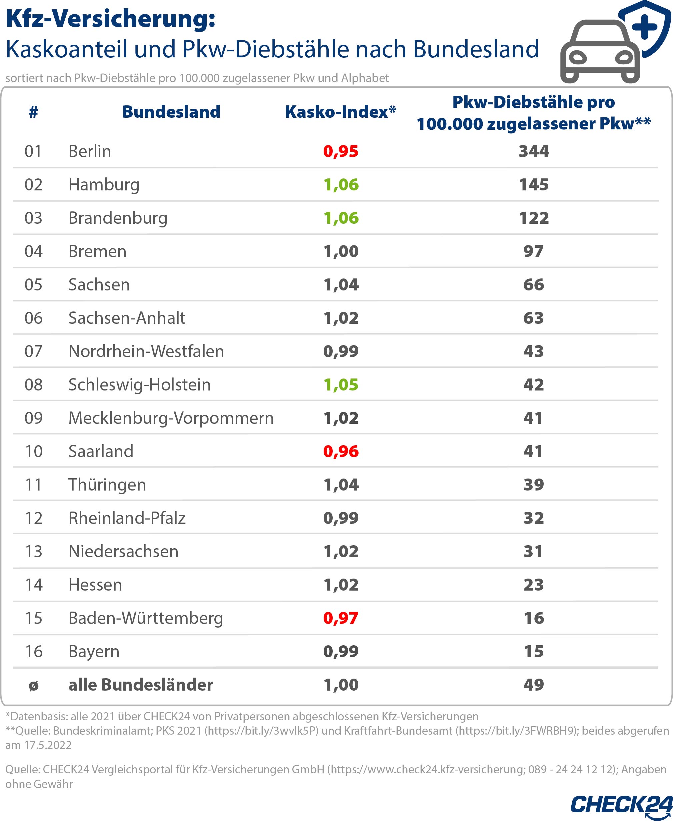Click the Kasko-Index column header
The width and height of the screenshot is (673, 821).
(340, 112)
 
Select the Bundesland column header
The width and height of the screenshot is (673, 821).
(171, 112)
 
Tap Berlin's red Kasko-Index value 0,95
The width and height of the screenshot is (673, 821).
(341, 151)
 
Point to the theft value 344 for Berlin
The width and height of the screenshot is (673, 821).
(533, 151)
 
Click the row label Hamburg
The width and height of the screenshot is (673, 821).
(104, 185)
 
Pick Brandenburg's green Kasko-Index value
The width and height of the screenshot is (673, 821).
(341, 218)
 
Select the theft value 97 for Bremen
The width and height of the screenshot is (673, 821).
(533, 251)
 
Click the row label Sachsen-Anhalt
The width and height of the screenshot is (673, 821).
(127, 318)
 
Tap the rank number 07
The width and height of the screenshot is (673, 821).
(33, 351)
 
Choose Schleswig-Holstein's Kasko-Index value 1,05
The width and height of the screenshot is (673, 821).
(341, 385)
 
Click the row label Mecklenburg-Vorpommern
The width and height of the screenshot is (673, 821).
(171, 418)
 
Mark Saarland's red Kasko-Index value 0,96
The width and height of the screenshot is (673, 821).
(341, 452)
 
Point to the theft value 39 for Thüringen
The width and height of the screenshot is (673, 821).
(533, 485)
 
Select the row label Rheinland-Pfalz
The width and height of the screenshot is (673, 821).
(127, 518)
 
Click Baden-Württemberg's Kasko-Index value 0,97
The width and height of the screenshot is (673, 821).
(341, 618)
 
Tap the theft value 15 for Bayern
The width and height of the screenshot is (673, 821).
(533, 652)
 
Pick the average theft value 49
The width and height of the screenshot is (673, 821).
(533, 685)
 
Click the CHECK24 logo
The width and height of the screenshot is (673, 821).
(621, 805)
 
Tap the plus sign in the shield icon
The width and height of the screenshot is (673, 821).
(644, 27)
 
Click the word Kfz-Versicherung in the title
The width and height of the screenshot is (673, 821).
(110, 19)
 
